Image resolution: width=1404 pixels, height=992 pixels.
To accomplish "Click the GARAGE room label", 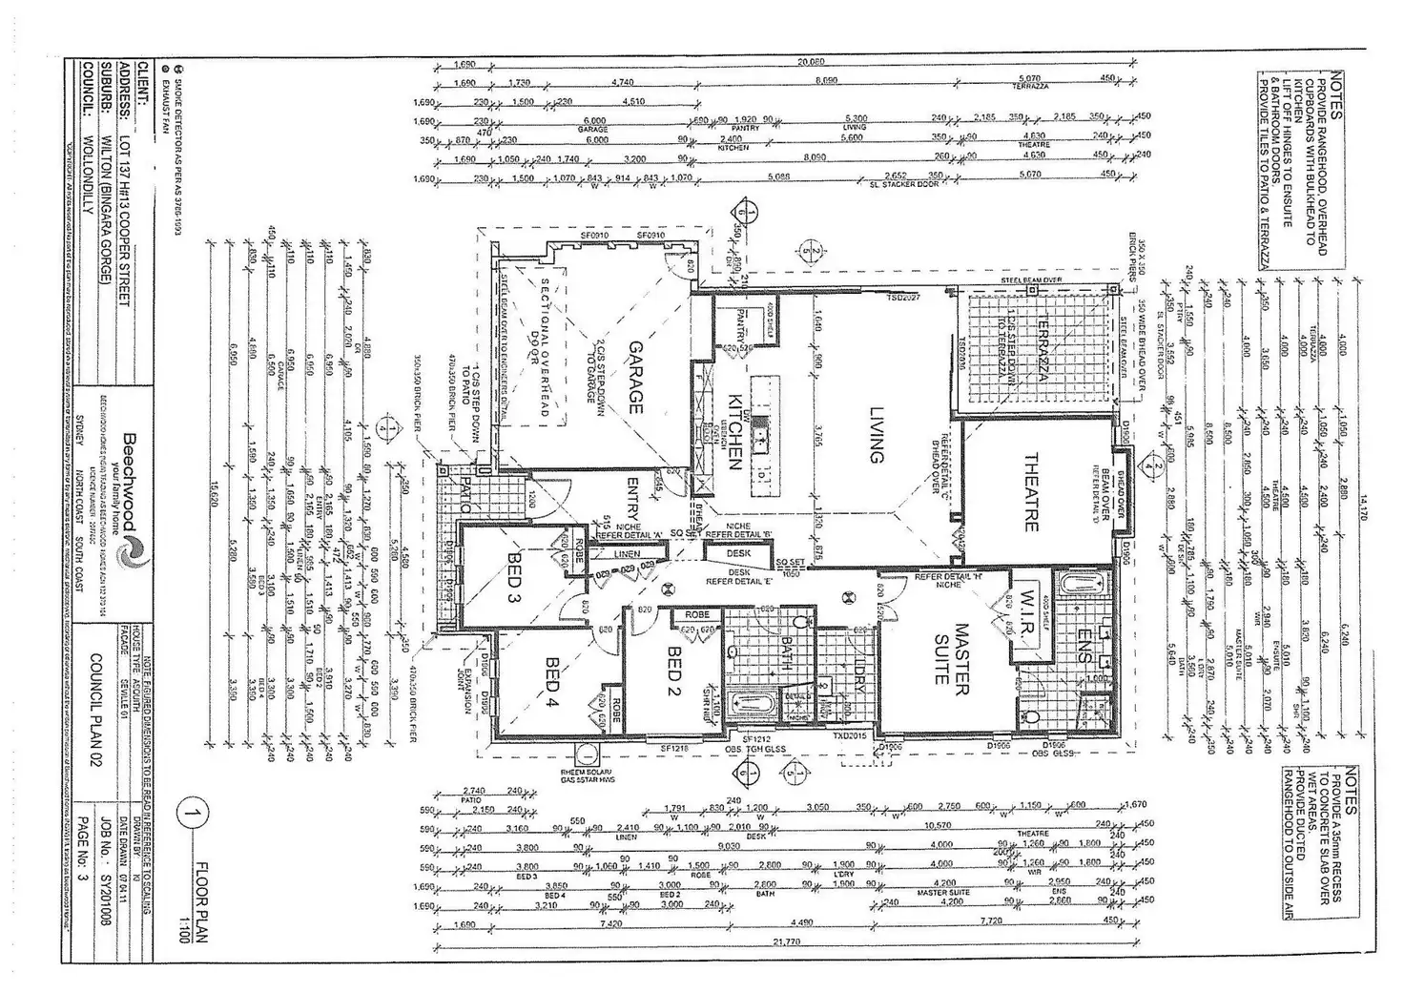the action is click(x=633, y=377).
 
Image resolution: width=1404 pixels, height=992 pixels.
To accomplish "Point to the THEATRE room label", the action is click(x=1030, y=490).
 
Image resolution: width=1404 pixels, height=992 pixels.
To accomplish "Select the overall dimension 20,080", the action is click(x=810, y=61).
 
